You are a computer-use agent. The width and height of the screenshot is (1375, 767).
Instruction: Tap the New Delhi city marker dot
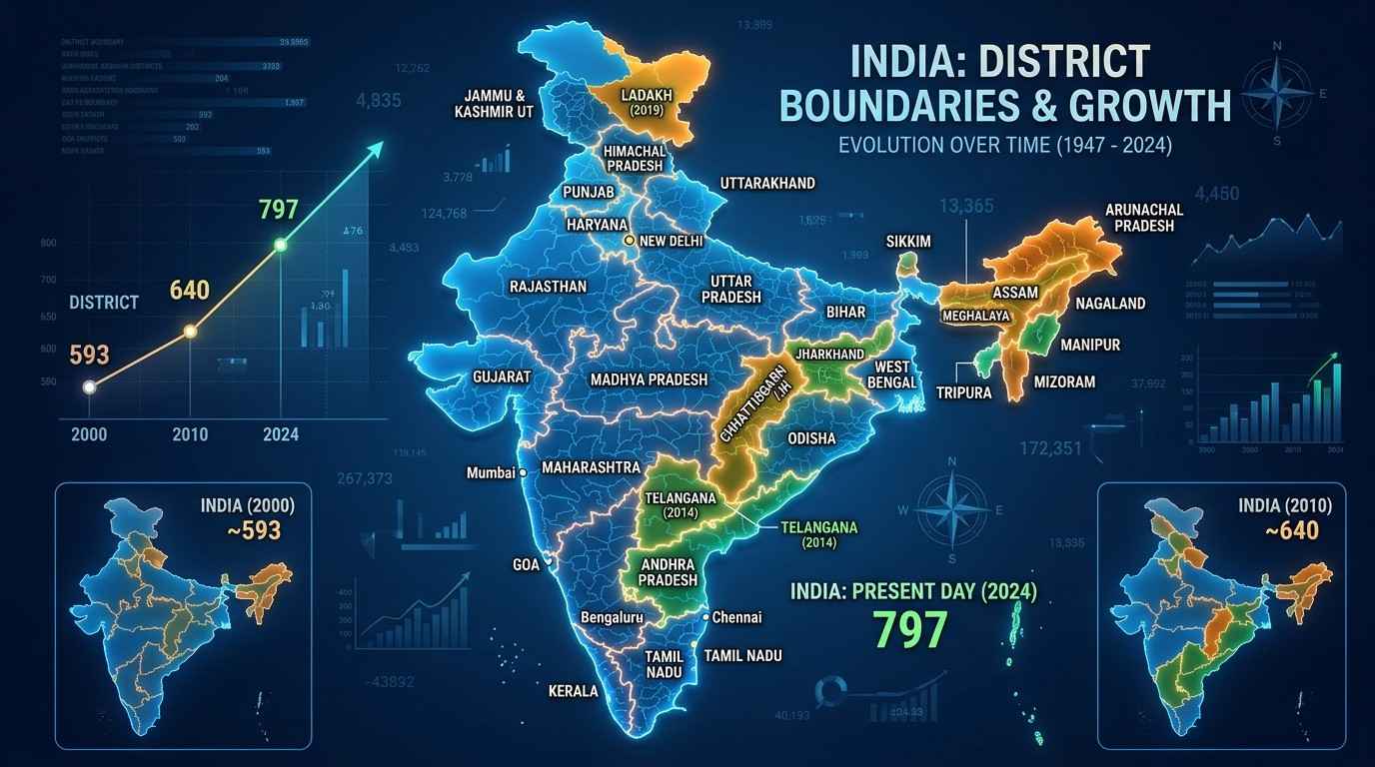pos(629,241)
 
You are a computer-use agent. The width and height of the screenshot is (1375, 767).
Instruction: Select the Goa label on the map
pos(525,564)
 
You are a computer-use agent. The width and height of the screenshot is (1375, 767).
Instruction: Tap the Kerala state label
pos(574,690)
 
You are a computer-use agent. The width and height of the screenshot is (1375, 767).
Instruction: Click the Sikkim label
pos(908,242)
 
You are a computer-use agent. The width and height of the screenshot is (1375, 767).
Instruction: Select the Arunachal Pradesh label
pos(1144,218)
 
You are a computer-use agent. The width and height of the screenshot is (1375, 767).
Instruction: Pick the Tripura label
pos(964,392)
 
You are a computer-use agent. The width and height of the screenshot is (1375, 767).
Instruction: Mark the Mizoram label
pos(1065,382)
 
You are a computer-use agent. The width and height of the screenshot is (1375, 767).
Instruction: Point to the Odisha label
pos(811,438)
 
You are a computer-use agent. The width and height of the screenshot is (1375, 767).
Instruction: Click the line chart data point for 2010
pos(190,332)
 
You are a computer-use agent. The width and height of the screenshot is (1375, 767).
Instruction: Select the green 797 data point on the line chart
pos(281,245)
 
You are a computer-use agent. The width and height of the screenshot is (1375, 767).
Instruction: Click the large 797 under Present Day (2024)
pos(908,630)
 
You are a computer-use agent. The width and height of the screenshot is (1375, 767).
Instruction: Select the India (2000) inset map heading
pos(248,505)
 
